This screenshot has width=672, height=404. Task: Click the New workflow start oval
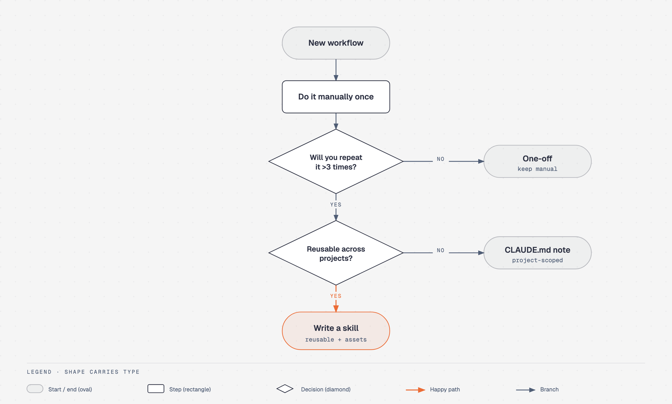tap(336, 43)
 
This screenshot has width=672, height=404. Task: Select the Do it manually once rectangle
tap(336, 97)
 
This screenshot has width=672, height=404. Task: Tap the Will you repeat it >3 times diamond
tap(336, 161)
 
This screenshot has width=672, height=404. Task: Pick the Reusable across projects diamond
tap(336, 253)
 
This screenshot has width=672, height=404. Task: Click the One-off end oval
tap(537, 161)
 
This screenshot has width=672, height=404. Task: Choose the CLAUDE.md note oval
tap(537, 253)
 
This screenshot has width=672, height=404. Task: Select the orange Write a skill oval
tap(336, 331)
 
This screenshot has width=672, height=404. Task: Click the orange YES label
tap(336, 296)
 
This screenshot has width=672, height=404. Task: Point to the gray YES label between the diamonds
tap(336, 205)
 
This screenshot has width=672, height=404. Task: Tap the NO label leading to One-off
tap(440, 159)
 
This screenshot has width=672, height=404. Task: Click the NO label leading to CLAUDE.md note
tap(440, 250)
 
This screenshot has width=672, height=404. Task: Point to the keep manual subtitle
tap(537, 169)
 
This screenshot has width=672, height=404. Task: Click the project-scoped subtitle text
tap(537, 260)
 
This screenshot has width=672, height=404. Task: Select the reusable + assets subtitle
tap(336, 339)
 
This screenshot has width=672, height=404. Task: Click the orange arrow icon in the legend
tap(416, 390)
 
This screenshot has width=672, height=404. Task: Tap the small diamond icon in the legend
tap(285, 389)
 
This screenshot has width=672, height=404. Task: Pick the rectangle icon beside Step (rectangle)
tap(156, 389)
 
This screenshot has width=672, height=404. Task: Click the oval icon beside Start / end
tap(35, 389)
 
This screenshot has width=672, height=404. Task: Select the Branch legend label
tap(549, 389)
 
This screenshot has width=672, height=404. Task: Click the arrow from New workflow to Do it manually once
tap(336, 70)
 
